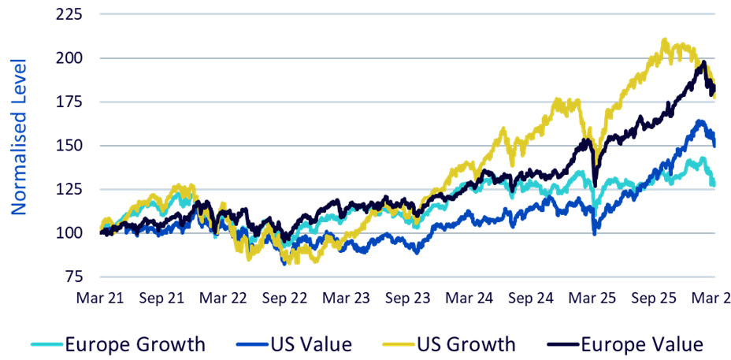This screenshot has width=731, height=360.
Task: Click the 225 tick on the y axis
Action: point(68,14)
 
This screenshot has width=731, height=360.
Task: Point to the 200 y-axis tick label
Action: point(68,58)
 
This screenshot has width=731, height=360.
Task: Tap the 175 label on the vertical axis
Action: point(68,102)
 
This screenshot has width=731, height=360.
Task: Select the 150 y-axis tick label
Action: point(68,146)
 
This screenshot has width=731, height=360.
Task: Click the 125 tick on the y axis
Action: point(68,189)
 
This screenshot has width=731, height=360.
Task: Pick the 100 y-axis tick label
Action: point(68,232)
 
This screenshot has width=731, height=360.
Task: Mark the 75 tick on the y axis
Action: point(72,276)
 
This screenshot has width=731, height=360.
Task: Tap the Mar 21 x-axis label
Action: point(100,298)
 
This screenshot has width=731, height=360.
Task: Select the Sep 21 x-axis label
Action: point(161,298)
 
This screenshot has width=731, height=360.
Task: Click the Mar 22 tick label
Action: point(223,298)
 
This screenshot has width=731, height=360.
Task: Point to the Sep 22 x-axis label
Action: point(284,298)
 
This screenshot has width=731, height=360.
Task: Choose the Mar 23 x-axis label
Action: point(347,298)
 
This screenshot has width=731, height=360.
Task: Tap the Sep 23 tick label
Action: point(408,298)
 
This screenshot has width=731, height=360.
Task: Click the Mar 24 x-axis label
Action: point(469,298)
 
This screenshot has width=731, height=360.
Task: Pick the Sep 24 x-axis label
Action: point(531,298)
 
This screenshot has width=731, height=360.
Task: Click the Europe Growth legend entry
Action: point(118,345)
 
